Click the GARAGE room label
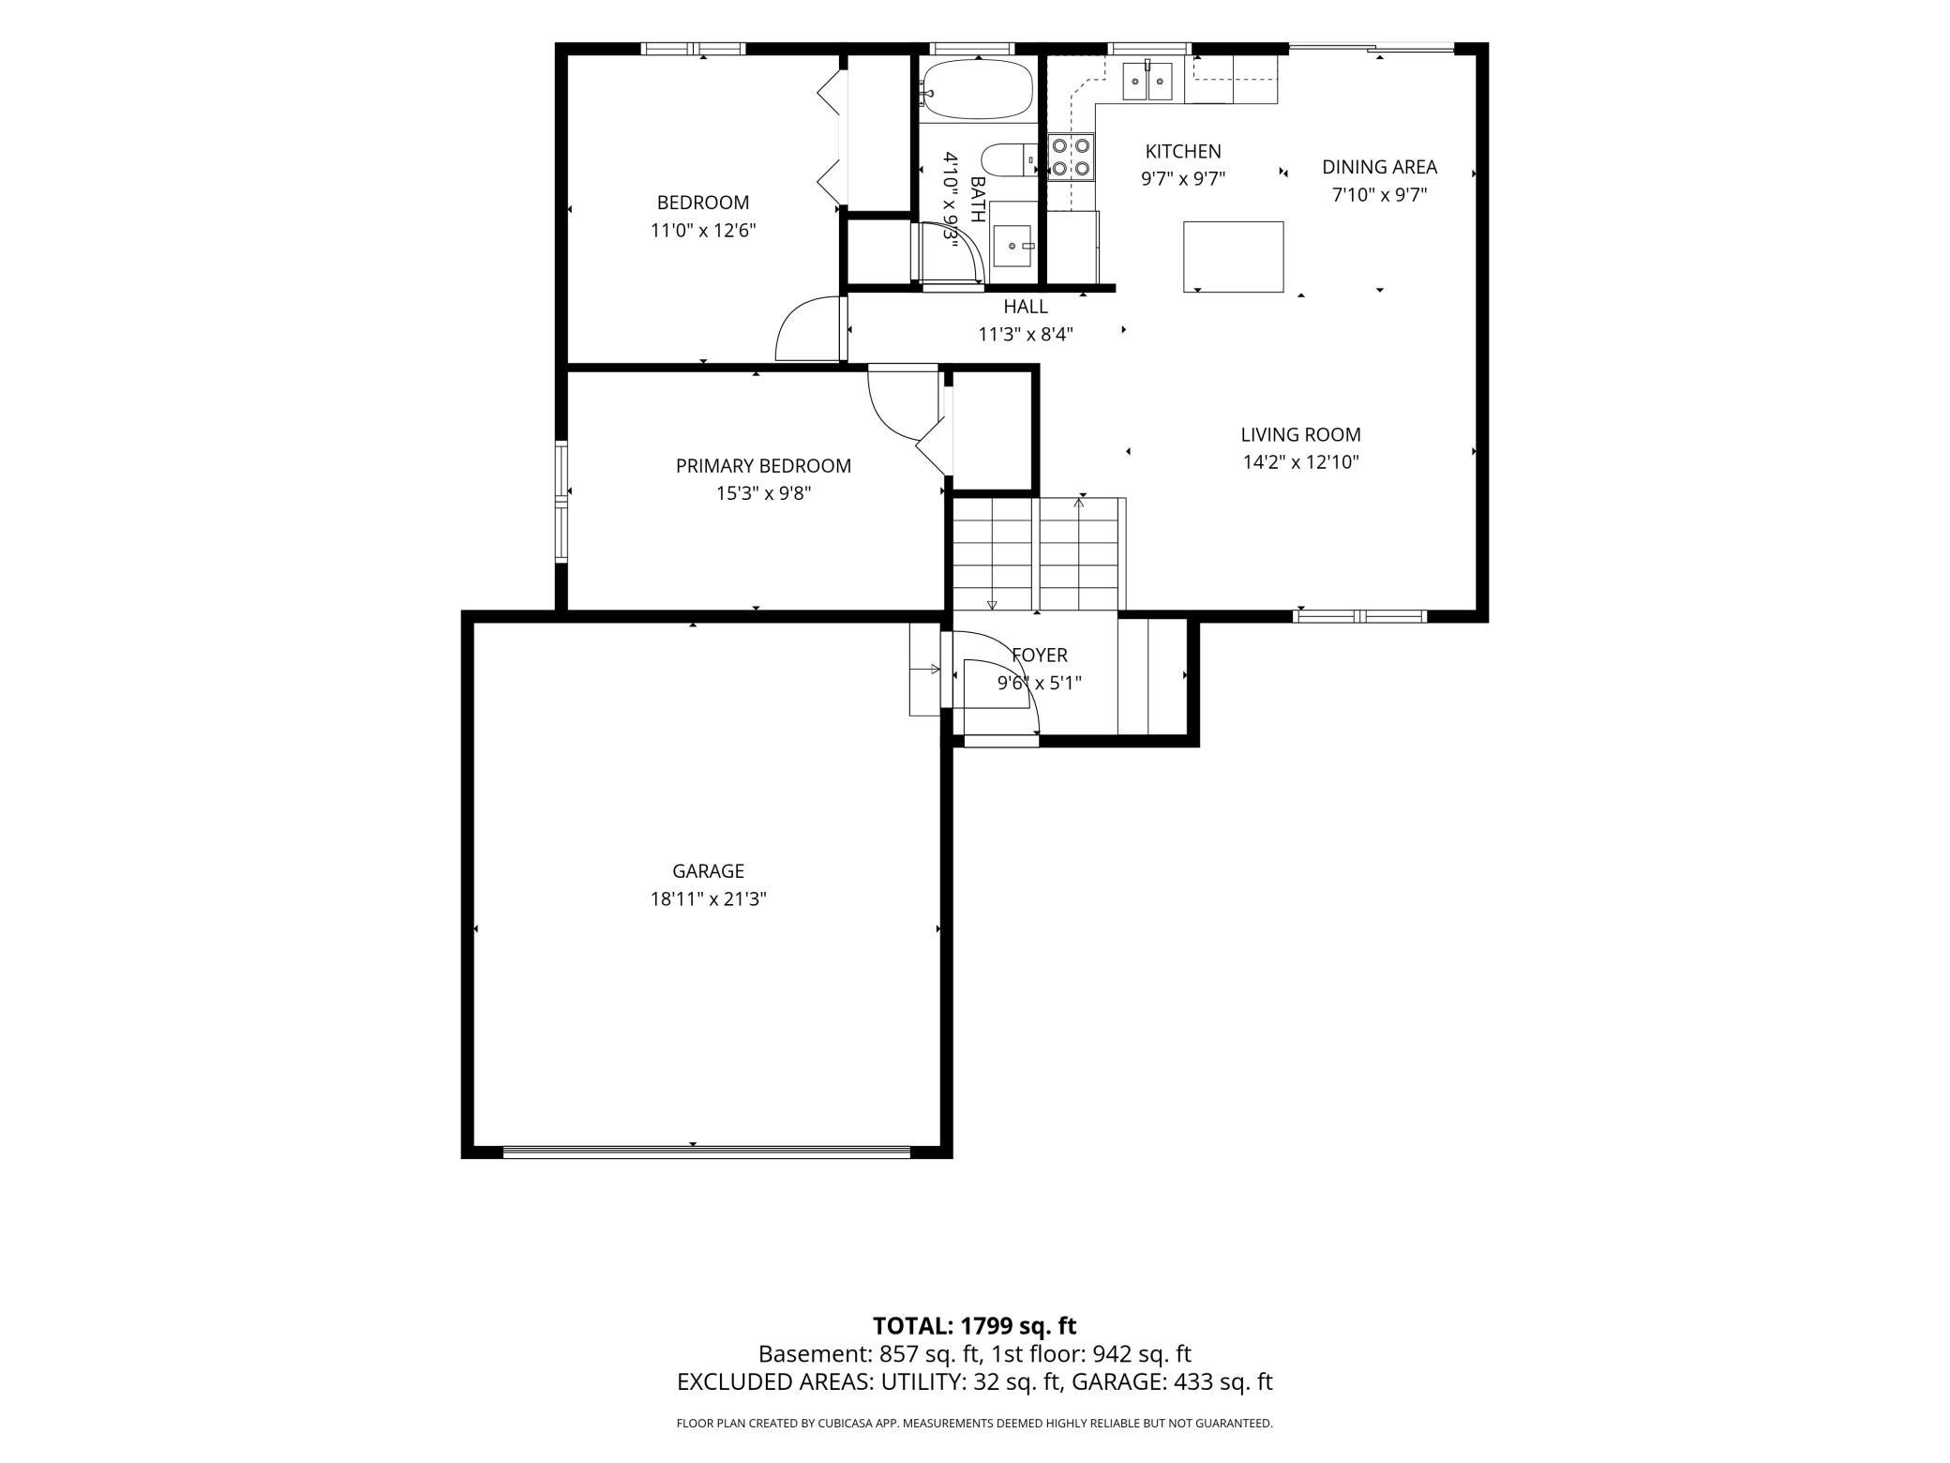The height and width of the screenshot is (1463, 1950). pyautogui.click(x=708, y=870)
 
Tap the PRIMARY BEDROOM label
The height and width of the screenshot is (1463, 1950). pyautogui.click(x=763, y=465)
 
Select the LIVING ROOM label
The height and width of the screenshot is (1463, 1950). pyautogui.click(x=1300, y=434)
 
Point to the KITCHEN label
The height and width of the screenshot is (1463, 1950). pyautogui.click(x=1183, y=151)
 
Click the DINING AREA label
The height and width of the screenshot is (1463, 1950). pyautogui.click(x=1379, y=167)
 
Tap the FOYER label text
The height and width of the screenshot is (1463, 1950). pyautogui.click(x=1039, y=655)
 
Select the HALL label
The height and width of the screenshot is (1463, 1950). pyautogui.click(x=1026, y=306)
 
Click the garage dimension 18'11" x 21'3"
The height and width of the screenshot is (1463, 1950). pyautogui.click(x=708, y=898)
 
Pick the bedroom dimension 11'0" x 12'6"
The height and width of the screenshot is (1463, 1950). pyautogui.click(x=703, y=230)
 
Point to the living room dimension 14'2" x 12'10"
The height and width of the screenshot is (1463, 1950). pyautogui.click(x=1300, y=461)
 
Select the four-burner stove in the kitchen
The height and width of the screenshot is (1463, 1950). pyautogui.click(x=1071, y=157)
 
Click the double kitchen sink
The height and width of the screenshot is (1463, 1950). pyautogui.click(x=1148, y=81)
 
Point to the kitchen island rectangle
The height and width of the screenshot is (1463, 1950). pyautogui.click(x=1233, y=256)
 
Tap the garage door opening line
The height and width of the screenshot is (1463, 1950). pyautogui.click(x=707, y=1151)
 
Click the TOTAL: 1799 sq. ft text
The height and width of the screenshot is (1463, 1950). pyautogui.click(x=974, y=1325)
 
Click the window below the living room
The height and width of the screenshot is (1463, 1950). pyautogui.click(x=1359, y=616)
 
